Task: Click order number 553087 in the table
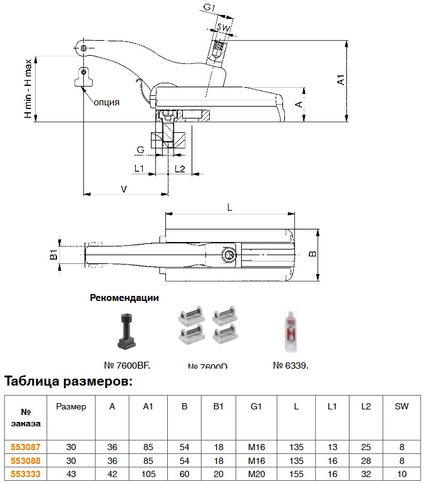click(26, 447)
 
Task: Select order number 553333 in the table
click(26, 475)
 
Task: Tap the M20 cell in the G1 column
click(256, 475)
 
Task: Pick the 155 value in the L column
click(296, 475)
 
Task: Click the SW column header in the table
click(401, 406)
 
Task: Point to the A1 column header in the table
click(148, 406)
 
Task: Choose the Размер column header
click(71, 406)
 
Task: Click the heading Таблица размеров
click(68, 381)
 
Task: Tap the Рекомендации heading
click(124, 298)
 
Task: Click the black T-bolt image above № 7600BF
click(126, 330)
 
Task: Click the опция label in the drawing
click(106, 101)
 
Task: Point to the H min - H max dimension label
click(28, 90)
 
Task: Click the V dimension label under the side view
click(123, 189)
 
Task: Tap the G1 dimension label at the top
click(210, 8)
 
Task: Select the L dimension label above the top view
click(229, 206)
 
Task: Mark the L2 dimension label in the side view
click(180, 169)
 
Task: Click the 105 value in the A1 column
click(148, 475)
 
